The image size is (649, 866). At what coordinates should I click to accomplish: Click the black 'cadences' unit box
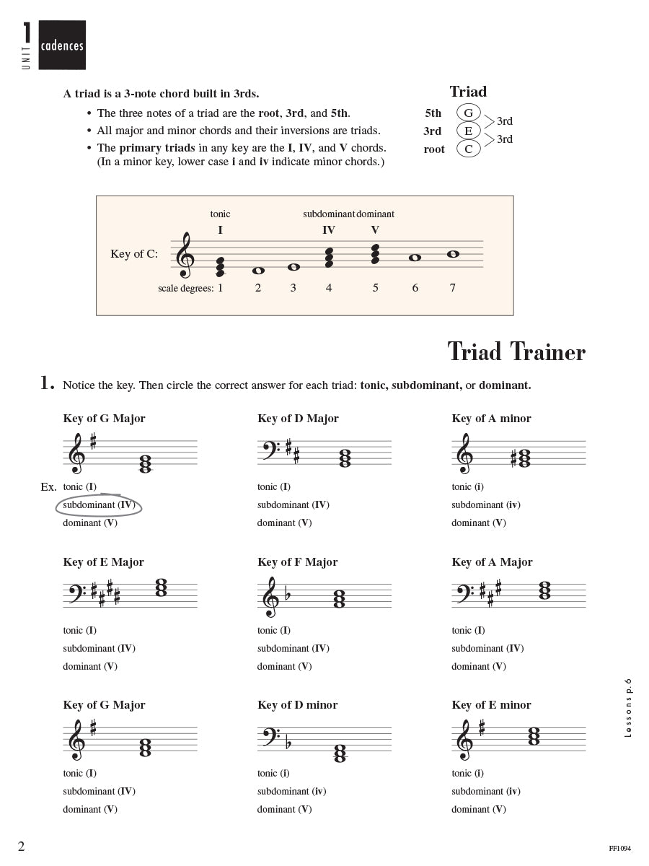pos(62,45)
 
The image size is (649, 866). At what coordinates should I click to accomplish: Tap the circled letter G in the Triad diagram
pos(468,113)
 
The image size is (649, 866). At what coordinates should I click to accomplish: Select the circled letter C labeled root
pos(468,149)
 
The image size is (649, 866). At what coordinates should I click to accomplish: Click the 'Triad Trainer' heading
pos(516,351)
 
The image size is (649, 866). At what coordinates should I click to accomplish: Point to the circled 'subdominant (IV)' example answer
pos(99,505)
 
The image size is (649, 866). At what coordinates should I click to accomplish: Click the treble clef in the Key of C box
pos(185,255)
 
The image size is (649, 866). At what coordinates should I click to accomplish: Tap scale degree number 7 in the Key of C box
pos(453,288)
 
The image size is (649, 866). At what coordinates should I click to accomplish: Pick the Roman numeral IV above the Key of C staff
pos(329,230)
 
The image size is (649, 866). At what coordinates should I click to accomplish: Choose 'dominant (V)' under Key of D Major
pos(284,522)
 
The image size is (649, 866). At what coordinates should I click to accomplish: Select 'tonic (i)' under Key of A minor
pos(467,486)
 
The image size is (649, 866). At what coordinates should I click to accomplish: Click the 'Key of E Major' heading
pos(103,562)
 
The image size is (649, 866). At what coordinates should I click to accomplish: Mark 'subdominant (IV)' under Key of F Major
pos(293,648)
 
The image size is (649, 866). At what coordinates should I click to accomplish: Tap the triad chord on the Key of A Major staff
pos(544,591)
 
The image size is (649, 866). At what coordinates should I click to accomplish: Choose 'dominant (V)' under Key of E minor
pos(479,809)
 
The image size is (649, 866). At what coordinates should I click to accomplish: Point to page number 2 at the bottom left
pos(22,847)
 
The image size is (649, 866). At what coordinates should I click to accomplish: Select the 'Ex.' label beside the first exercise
pos(48,487)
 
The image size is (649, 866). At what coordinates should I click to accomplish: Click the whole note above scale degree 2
pos(258,271)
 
